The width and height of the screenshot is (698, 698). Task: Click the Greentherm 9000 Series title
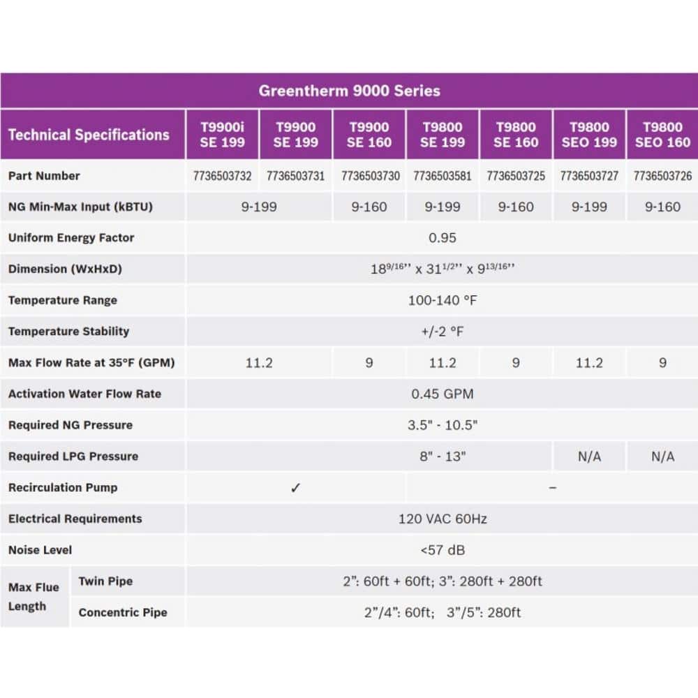[349, 91]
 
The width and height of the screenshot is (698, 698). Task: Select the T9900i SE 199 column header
[222, 135]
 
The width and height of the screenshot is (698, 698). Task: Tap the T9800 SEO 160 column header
[662, 135]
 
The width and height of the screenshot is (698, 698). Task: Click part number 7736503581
[443, 176]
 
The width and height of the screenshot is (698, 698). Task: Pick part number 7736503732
[222, 176]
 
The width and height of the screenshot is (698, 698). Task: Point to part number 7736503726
[662, 176]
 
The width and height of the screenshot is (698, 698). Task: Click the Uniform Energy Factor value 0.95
[443, 238]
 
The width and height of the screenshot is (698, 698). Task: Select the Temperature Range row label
[63, 300]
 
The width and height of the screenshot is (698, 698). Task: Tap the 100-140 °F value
[443, 301]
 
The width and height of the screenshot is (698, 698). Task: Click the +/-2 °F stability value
[443, 332]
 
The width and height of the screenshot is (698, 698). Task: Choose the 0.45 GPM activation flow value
[443, 394]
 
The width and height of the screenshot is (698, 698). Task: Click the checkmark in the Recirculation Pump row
[295, 488]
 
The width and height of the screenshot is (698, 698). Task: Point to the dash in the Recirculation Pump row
[552, 488]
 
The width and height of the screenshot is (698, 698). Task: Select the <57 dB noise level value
[443, 550]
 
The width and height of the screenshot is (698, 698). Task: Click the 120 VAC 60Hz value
[443, 519]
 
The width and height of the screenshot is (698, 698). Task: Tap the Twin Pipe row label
[105, 581]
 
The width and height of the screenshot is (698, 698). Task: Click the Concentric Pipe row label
[123, 613]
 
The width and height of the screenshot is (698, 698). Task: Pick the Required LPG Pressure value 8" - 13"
[443, 456]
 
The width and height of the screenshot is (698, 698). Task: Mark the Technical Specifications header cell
[89, 135]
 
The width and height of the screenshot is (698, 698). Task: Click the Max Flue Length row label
[34, 597]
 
